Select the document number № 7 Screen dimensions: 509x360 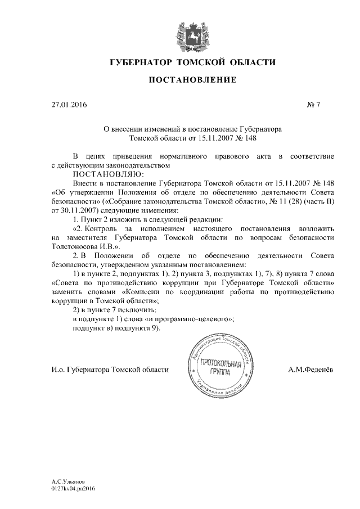pyautogui.click(x=313, y=105)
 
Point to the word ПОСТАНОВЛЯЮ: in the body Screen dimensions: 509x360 pyautogui.click(x=105, y=174)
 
